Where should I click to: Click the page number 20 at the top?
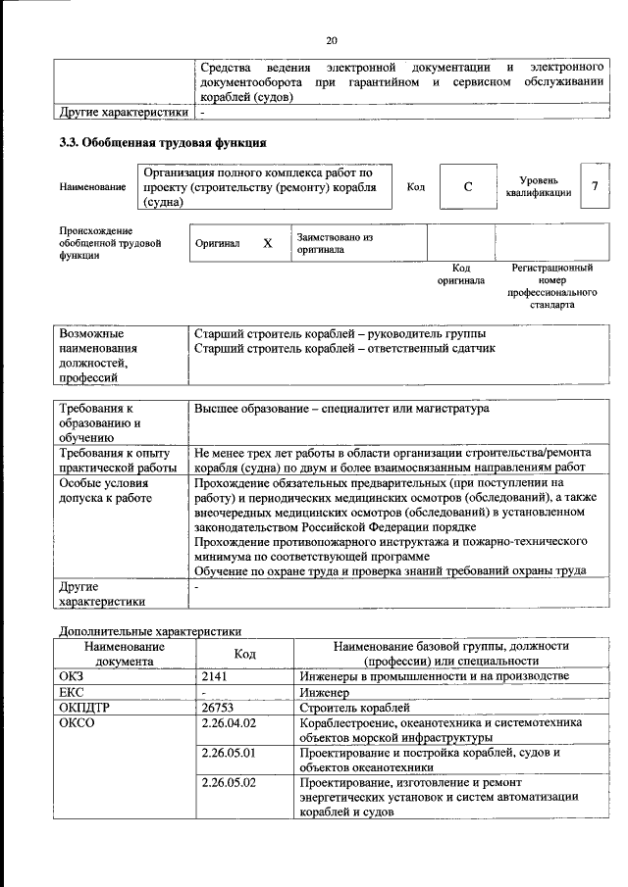pyautogui.click(x=331, y=40)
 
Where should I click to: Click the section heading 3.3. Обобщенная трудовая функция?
pyautogui.click(x=163, y=143)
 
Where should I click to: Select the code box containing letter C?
pyautogui.click(x=468, y=187)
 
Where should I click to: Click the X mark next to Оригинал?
pyautogui.click(x=267, y=243)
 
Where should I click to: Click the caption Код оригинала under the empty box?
pyautogui.click(x=460, y=273)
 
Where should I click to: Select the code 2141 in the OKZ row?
pyautogui.click(x=216, y=676)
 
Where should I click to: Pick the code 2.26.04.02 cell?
pyautogui.click(x=228, y=722)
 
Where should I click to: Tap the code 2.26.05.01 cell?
pyautogui.click(x=228, y=753)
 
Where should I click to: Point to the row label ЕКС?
pyautogui.click(x=74, y=692)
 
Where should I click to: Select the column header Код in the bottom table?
pyautogui.click(x=244, y=654)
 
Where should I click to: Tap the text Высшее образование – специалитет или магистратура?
pyautogui.click(x=341, y=408)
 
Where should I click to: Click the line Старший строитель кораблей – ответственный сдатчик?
pyautogui.click(x=345, y=348)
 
